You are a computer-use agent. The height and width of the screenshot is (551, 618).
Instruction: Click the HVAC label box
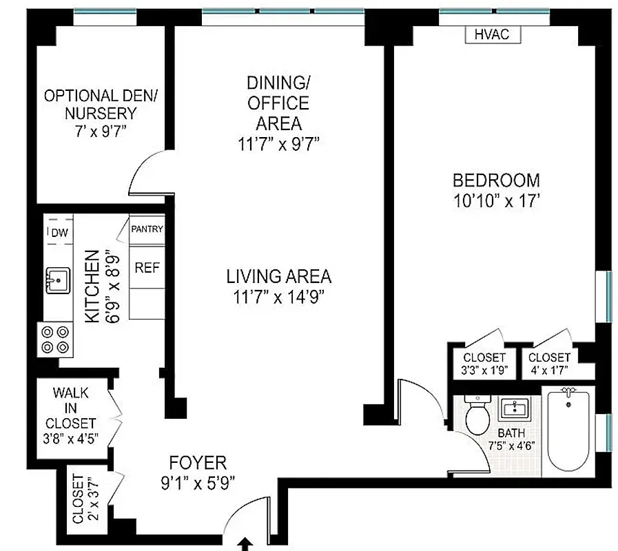[492, 34]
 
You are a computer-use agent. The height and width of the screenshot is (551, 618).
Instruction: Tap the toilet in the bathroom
[476, 415]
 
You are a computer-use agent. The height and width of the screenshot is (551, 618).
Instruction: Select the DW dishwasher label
[59, 233]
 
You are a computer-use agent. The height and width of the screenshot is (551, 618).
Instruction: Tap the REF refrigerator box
[147, 267]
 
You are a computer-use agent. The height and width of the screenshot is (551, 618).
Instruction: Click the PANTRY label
[147, 229]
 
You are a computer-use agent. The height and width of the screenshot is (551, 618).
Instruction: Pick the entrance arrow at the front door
[246, 544]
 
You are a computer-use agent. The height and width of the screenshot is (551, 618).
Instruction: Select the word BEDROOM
[496, 180]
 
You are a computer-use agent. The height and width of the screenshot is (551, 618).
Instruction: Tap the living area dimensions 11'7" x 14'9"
[279, 298]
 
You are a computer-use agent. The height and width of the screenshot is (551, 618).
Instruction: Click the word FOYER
[198, 462]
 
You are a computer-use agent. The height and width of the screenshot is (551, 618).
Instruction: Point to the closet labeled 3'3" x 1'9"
[484, 363]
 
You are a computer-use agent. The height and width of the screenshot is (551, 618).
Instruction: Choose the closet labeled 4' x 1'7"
[549, 363]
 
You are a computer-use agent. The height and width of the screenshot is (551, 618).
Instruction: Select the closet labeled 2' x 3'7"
[86, 499]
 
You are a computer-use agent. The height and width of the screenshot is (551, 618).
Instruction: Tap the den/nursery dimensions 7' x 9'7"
[100, 132]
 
